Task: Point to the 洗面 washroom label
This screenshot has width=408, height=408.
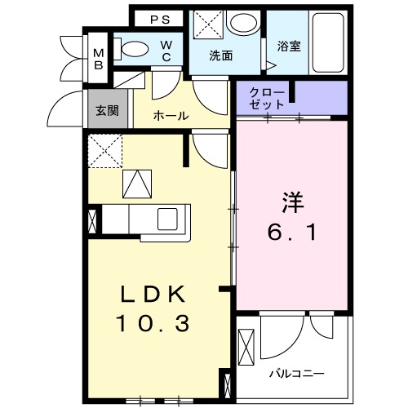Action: click(x=220, y=56)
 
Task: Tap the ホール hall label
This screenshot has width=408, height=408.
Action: click(x=171, y=116)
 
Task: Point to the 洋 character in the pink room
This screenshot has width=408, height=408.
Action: click(x=294, y=199)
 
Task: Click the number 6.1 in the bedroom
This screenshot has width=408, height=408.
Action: click(x=292, y=233)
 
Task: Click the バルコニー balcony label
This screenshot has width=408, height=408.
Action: click(x=297, y=373)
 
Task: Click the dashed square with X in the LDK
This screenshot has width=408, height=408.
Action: click(x=105, y=151)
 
